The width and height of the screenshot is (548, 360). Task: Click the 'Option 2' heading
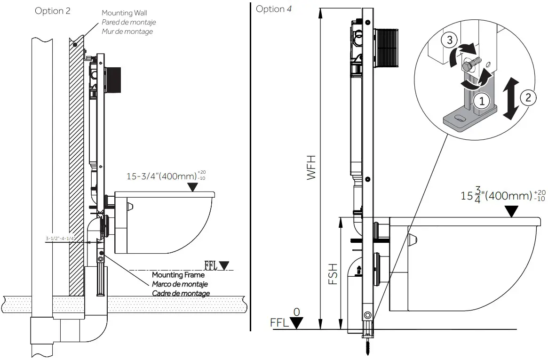53,11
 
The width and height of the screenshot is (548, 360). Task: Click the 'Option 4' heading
273,9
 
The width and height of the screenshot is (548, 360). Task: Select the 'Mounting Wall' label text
124,13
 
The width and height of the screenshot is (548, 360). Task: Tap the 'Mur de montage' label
127,32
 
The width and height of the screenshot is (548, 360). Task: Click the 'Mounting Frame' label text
178,275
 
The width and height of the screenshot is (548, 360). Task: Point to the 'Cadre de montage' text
181,293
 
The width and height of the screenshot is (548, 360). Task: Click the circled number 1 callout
481,99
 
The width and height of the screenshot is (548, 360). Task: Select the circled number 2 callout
528,97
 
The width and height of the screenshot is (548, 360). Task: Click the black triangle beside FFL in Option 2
225,265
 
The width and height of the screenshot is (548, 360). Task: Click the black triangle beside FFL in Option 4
297,323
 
